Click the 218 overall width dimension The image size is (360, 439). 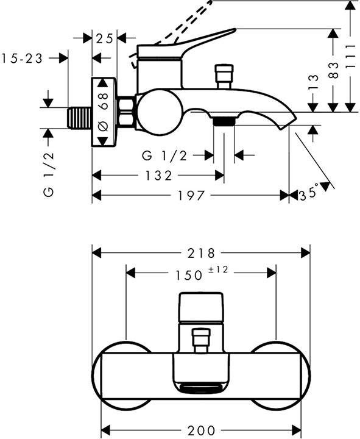[x=201, y=253]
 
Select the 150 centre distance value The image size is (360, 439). [x=189, y=275]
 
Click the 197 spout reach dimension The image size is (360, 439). [x=192, y=196]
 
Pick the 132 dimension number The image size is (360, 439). [x=158, y=176]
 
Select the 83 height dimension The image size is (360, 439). [x=333, y=71]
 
